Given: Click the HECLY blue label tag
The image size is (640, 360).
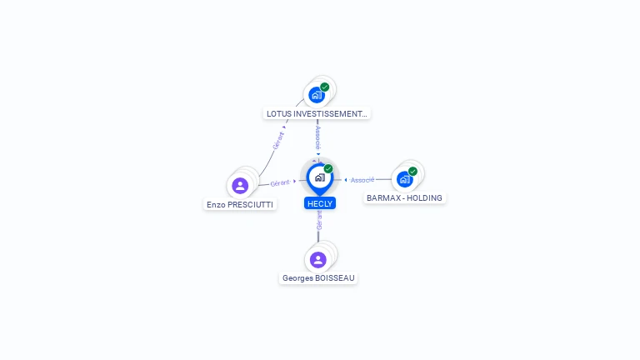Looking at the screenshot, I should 320,203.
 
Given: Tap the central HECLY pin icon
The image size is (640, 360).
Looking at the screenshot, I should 319,177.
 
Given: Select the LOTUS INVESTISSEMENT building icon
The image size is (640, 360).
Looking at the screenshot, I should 317,95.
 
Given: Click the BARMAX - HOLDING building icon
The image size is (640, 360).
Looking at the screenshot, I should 405,179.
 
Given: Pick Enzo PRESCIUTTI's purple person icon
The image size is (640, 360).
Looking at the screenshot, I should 240,185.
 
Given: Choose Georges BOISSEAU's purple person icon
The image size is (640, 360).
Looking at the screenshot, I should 318,260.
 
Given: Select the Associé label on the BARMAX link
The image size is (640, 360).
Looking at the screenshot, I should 362,180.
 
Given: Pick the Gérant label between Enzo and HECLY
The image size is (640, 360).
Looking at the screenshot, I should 280,182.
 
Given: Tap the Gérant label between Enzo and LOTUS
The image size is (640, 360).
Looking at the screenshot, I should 278,139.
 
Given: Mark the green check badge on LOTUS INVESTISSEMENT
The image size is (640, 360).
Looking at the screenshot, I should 325,87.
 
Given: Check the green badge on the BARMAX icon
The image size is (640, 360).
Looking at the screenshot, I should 412,171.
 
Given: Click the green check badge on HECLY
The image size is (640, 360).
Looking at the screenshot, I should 328,168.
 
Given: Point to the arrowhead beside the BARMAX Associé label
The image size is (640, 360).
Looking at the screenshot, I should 346,180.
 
